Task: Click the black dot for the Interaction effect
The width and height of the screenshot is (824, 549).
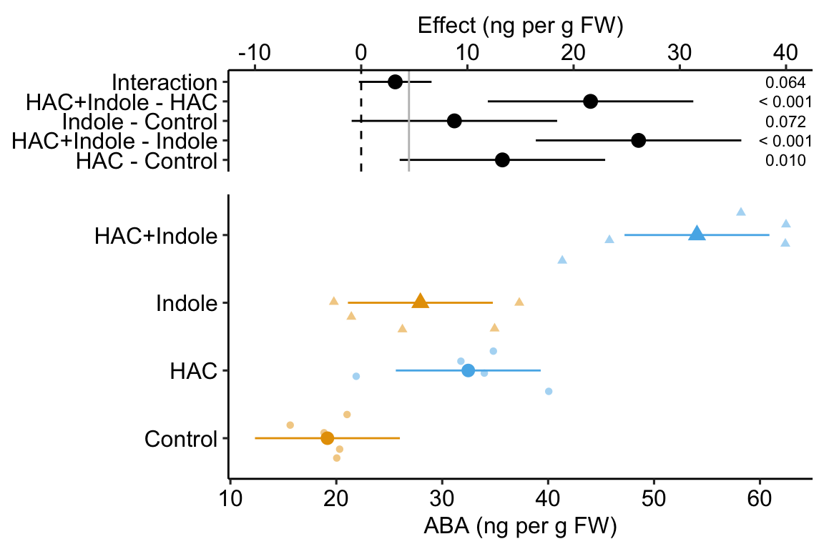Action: point(395,81)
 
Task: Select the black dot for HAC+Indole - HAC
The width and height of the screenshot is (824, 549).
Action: point(590,102)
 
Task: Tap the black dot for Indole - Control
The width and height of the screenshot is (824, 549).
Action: point(454,121)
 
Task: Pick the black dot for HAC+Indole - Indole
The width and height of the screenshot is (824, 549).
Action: point(639,140)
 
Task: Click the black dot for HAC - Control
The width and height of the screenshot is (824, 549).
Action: point(502,159)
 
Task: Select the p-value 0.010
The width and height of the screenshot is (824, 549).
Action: point(785,161)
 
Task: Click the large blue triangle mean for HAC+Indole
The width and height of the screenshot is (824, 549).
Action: point(697,233)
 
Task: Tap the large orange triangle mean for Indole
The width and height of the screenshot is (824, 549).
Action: point(421,301)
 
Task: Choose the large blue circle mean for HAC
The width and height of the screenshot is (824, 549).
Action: point(468,370)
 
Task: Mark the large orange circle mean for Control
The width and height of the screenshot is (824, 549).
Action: point(328,437)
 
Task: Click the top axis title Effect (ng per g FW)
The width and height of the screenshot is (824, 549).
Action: point(521,26)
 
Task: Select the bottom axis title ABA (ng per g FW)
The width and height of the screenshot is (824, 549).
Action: point(521,527)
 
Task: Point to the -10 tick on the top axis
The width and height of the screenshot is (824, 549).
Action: point(255,53)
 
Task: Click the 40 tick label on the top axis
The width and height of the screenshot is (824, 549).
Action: point(785,53)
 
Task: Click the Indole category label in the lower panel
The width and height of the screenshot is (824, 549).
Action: point(186,304)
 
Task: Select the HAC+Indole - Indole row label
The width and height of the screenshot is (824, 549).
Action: point(114,141)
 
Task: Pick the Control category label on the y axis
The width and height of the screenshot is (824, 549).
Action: point(180,439)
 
